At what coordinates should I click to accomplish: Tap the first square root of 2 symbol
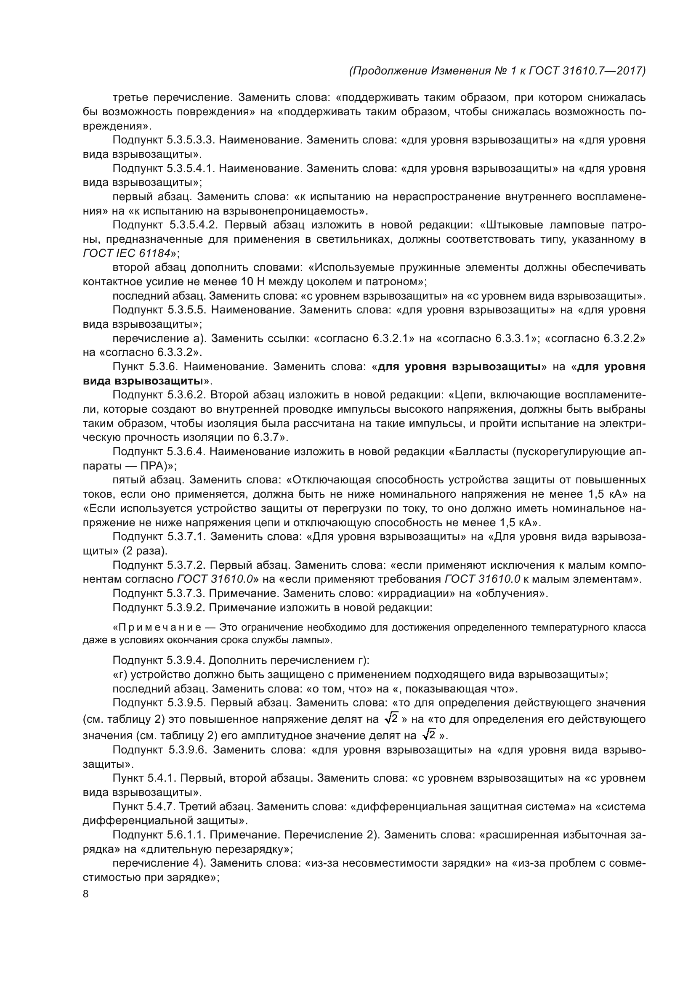pyautogui.click(x=391, y=718)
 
